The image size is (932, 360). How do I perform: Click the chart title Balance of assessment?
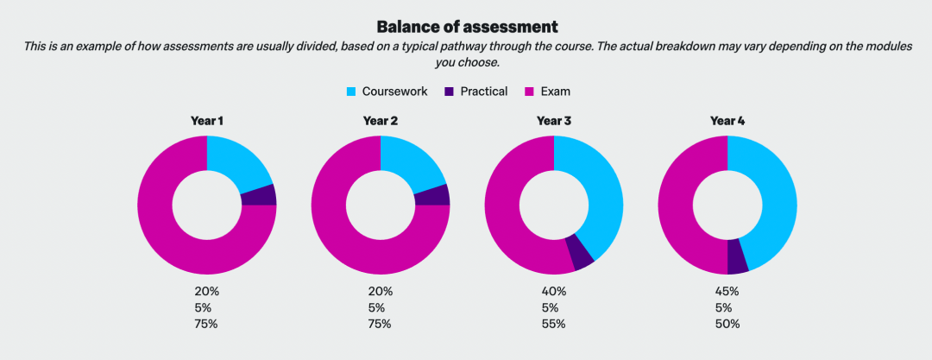[467, 27]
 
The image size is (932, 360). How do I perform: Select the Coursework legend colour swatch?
[351, 92]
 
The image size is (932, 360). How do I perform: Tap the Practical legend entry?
[475, 92]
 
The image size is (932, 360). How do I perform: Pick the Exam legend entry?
[548, 92]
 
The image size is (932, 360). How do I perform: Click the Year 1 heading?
[207, 121]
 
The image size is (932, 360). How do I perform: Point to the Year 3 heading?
[554, 121]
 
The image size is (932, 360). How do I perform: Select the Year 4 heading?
[727, 121]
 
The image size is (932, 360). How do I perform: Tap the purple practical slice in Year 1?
[259, 195]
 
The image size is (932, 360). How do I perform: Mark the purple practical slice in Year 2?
[432, 195]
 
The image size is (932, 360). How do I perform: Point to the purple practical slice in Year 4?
[737, 256]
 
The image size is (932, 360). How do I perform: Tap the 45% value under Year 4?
[727, 292]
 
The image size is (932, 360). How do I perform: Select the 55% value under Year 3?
[554, 325]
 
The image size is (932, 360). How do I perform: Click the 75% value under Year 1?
[207, 325]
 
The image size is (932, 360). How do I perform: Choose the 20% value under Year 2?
[381, 292]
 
